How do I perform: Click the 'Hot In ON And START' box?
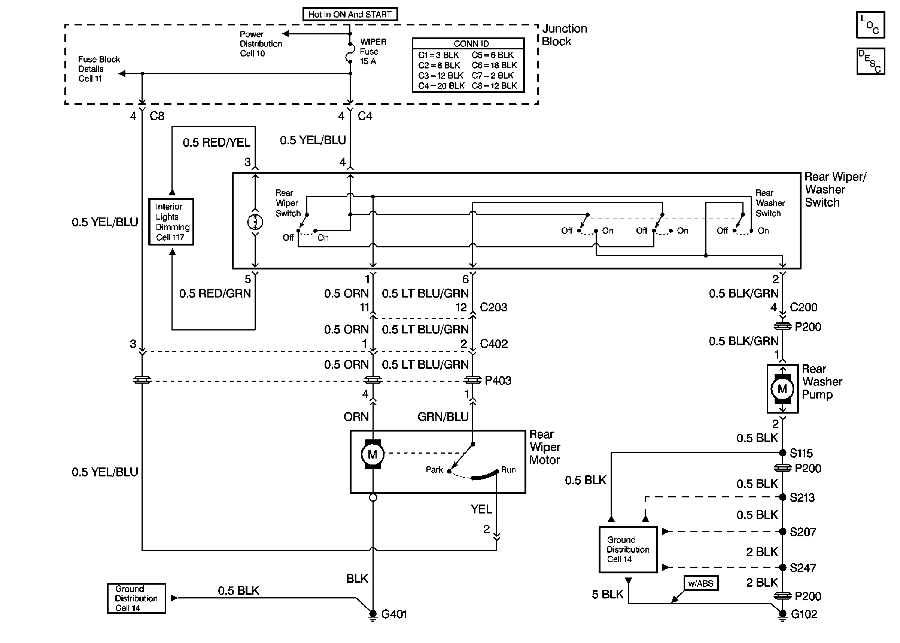point(350,14)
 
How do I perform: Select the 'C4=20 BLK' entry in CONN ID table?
point(441,86)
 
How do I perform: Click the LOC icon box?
point(870,25)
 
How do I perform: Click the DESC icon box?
point(870,61)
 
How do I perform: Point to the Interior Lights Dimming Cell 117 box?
point(171,222)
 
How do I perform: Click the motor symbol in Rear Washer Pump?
point(782,389)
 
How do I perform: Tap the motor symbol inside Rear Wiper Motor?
point(372,454)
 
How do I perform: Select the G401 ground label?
point(394,614)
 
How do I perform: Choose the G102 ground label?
point(804,614)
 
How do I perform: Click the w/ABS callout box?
point(700,583)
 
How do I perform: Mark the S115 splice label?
point(801,453)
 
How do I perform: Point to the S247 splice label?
point(803,568)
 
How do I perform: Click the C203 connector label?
point(493,307)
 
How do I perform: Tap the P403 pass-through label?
point(498,381)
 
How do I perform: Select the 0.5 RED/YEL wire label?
point(216,143)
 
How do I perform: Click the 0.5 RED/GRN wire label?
point(215,293)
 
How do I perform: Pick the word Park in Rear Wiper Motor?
point(434,470)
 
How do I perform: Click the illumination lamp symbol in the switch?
point(255,222)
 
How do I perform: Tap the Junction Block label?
point(564,35)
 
